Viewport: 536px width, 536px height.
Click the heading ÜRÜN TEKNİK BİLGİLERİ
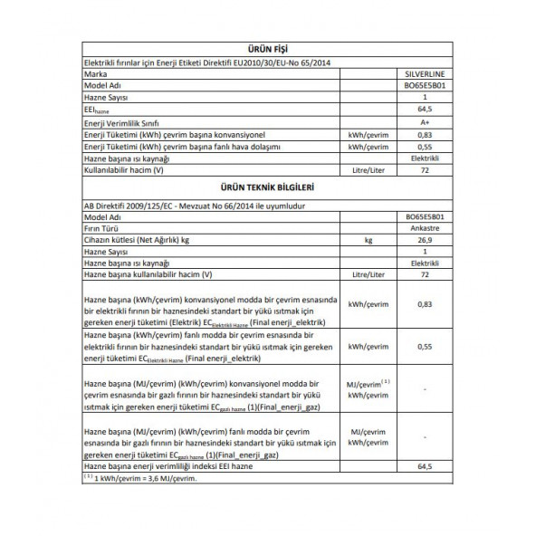[267, 188]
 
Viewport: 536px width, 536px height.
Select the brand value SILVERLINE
[424, 75]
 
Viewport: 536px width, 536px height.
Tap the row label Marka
[95, 75]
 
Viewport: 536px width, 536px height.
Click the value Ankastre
[426, 229]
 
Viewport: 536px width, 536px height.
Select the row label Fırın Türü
[102, 229]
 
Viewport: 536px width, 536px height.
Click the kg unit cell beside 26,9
[368, 240]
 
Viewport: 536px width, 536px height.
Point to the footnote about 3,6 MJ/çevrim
[139, 477]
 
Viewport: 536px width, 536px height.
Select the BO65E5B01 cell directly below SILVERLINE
[424, 87]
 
